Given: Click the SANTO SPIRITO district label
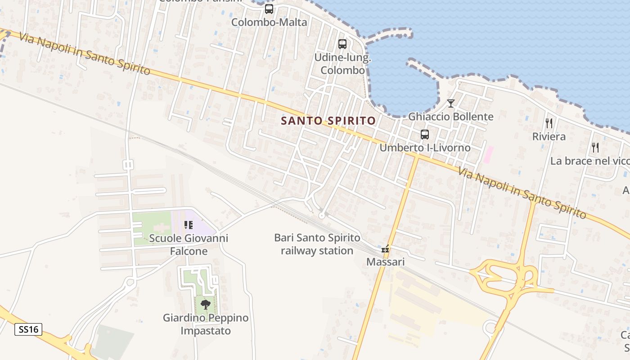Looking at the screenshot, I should coord(328,121).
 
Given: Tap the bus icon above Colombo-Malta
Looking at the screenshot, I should coord(269,9).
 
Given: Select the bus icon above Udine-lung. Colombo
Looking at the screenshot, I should coord(342,44).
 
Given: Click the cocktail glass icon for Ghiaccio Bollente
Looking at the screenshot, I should coord(450,103).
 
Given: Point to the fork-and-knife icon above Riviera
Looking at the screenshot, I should coord(549,123).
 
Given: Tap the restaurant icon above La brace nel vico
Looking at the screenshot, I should coord(595,147).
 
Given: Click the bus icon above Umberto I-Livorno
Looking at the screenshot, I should coord(424,134).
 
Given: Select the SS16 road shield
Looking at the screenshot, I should coord(28,329).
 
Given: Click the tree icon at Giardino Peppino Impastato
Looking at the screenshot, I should coord(206,304).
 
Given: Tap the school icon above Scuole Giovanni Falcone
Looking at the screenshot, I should coord(188,225).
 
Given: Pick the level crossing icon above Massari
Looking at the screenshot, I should coord(385,249).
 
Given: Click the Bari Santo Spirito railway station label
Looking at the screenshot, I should coord(317,244).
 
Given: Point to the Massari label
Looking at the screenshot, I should coord(385,262).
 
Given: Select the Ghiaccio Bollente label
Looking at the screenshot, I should coord(450,117).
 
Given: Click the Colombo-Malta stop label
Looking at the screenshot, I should coord(269,22).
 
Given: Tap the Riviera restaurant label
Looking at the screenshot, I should coord(549,136).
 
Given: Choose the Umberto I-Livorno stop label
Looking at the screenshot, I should coord(425,148).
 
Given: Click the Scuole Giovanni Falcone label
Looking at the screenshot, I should coord(189,244).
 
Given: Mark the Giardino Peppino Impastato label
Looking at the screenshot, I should coord(206,324).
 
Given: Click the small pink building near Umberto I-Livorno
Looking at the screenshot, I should coord(488,154).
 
